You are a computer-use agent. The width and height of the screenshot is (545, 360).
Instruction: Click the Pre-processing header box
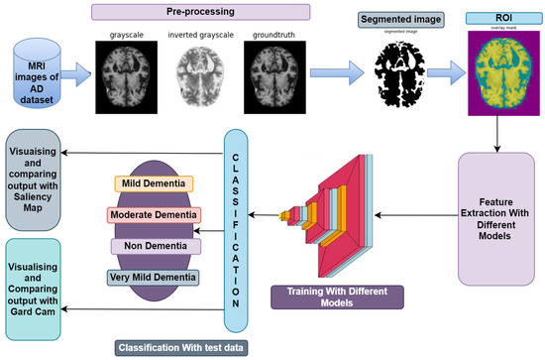pyautogui.click(x=214, y=15)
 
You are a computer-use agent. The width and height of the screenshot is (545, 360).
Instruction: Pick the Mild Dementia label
pyautogui.click(x=152, y=183)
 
